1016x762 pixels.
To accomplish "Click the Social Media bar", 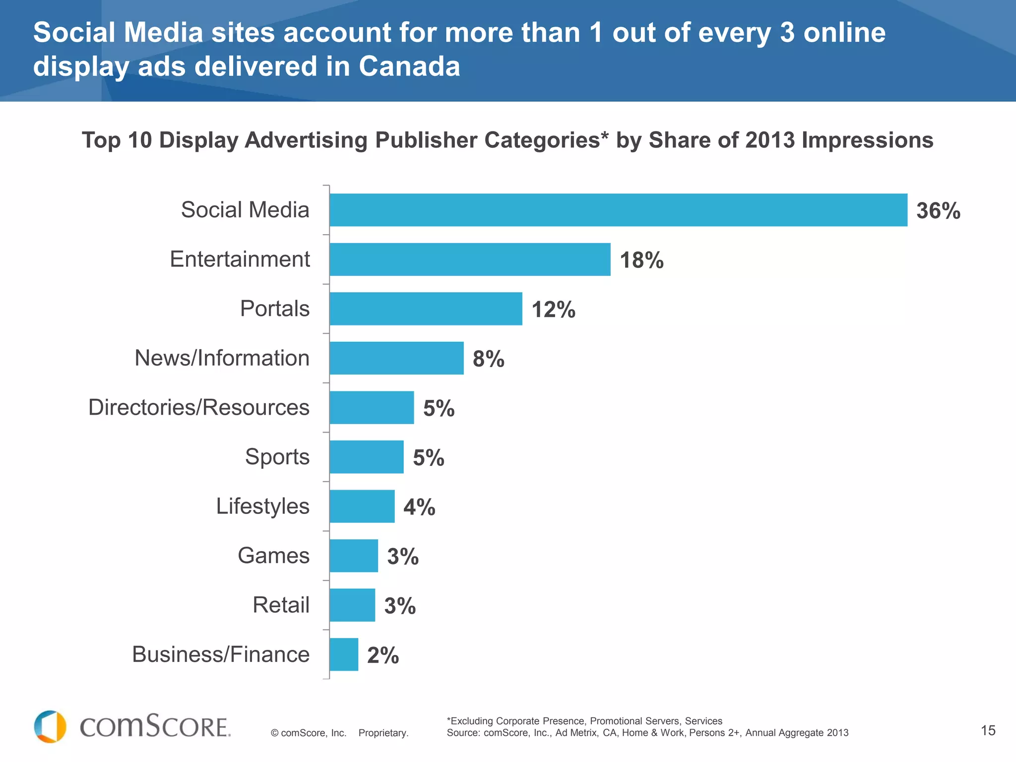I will point(618,210).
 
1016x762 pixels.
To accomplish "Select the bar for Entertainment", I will point(470,259).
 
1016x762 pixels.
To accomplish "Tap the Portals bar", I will point(426,309).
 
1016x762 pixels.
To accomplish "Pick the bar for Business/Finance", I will point(344,654).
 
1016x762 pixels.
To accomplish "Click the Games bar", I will point(354,556).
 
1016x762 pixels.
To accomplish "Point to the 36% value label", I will point(938,211).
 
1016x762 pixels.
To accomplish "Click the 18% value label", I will point(641,260).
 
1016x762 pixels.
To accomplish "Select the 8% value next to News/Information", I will point(488,359).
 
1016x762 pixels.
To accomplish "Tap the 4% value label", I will point(419,507).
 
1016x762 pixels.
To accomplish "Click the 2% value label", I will point(382,655).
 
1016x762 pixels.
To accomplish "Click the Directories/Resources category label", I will point(198,407).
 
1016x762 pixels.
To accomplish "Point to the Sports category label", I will point(277,457).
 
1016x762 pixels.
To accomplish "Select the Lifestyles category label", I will point(262,507).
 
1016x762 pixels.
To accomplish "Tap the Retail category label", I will point(281,605).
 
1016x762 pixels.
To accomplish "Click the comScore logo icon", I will point(50,727).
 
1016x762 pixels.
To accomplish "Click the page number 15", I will point(988,730).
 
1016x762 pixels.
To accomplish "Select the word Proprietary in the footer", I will point(383,733).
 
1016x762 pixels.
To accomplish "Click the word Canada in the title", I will point(409,66).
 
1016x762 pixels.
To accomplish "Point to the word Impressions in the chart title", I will point(867,140).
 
